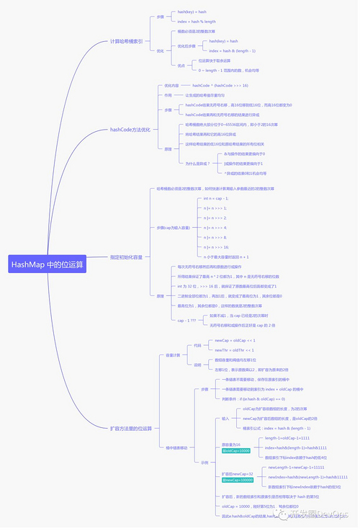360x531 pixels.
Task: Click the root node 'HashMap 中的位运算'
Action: pyautogui.click(x=48, y=264)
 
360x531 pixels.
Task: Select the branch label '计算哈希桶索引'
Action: pyautogui.click(x=126, y=42)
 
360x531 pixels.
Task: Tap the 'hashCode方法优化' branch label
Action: pyautogui.click(x=130, y=130)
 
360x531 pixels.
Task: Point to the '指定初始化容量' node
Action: pyautogui.click(x=126, y=257)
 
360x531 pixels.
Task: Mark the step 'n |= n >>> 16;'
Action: pyautogui.click(x=217, y=246)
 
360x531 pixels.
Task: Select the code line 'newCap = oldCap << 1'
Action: pyautogui.click(x=235, y=340)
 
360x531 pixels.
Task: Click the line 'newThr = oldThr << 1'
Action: pyautogui.click(x=235, y=349)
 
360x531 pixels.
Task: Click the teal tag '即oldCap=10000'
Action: pyautogui.click(x=235, y=451)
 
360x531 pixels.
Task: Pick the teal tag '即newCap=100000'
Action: pyautogui.click(x=238, y=479)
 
